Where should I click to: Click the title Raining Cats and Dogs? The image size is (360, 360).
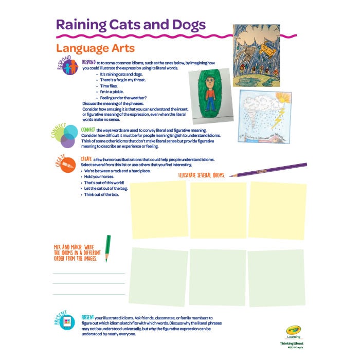click(x=131, y=25)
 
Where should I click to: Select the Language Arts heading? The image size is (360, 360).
click(x=95, y=48)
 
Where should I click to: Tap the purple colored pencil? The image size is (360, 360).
click(x=268, y=170)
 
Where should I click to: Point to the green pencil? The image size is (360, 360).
click(x=107, y=249)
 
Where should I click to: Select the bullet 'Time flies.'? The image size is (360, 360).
click(x=111, y=86)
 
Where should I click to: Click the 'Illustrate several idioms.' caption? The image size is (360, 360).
click(x=202, y=176)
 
